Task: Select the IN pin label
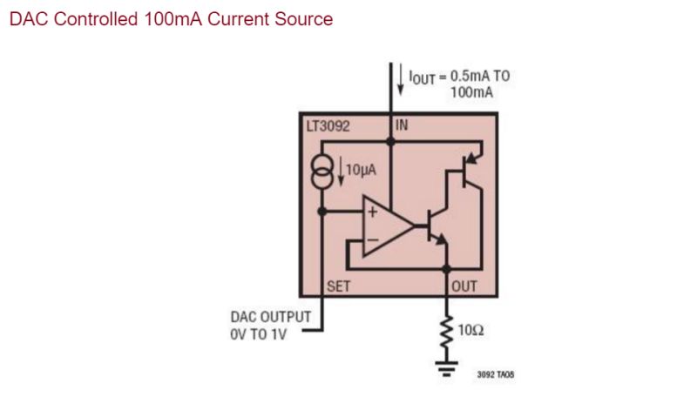[x=402, y=125]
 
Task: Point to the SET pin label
[x=337, y=286]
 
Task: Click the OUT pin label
[x=464, y=286]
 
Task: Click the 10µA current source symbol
[x=322, y=172]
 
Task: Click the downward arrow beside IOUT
[x=401, y=80]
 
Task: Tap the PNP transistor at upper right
[x=467, y=171]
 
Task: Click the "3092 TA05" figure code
[x=495, y=375]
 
